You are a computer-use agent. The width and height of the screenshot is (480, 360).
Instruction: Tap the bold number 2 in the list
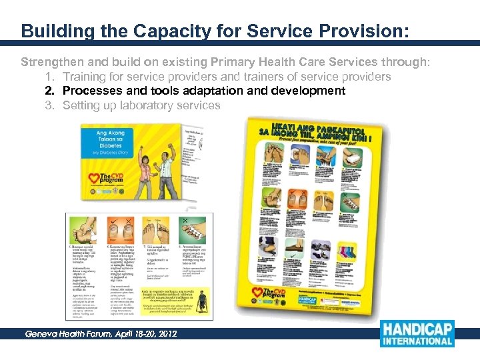tap(49, 91)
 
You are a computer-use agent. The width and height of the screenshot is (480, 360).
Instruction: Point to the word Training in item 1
tap(84, 77)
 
